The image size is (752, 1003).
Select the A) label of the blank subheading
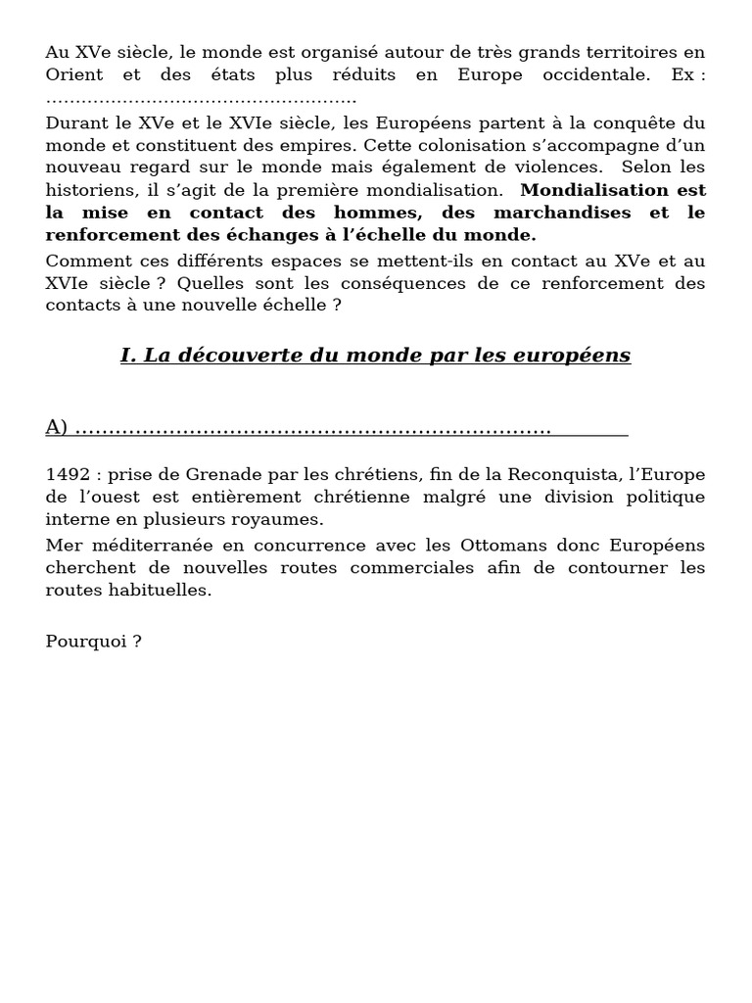coord(57,427)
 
